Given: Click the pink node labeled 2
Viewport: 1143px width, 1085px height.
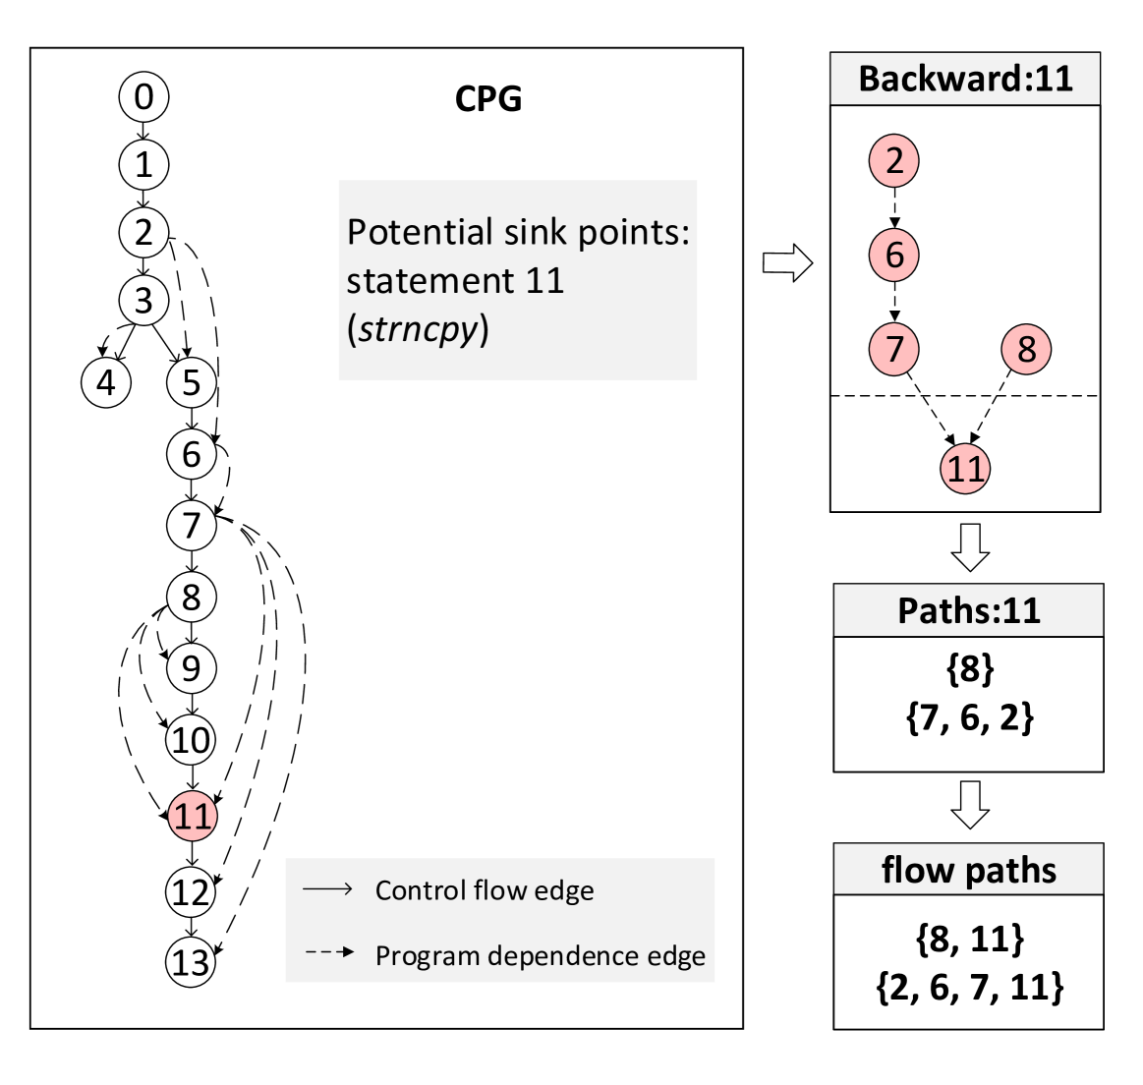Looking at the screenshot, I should (893, 161).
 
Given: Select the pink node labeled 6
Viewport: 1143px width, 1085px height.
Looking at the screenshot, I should (893, 255).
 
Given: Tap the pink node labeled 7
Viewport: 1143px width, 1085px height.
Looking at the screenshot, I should (893, 348).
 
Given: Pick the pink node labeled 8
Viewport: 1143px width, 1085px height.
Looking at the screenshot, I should (1026, 348).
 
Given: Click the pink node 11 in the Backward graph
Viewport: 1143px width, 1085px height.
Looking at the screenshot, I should (965, 468).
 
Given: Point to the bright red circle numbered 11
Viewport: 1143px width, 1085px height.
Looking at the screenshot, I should (193, 816).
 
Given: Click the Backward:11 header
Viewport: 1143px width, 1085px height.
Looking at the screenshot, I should (965, 79).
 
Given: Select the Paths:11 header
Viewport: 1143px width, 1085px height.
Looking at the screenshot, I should (968, 611).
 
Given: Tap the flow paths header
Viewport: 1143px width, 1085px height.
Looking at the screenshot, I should (968, 870).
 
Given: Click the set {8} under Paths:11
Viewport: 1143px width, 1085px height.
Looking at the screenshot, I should (969, 669).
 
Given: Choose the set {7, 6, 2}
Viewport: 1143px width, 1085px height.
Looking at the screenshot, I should (969, 717).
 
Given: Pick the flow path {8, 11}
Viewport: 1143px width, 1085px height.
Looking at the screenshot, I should (969, 939).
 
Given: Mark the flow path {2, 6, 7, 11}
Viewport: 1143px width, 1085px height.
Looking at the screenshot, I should (969, 987).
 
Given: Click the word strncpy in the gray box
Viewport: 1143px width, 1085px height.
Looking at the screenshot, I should (418, 329).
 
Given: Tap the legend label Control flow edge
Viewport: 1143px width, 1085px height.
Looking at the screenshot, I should (485, 890).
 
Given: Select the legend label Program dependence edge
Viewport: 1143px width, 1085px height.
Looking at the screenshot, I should (541, 955).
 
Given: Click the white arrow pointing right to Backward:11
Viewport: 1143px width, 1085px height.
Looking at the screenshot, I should (787, 262).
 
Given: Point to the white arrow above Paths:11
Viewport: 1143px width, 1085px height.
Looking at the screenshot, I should (970, 547).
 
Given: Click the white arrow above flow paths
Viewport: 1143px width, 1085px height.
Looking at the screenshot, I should (970, 805).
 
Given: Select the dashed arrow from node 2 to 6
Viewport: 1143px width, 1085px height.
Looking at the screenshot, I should (894, 207).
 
